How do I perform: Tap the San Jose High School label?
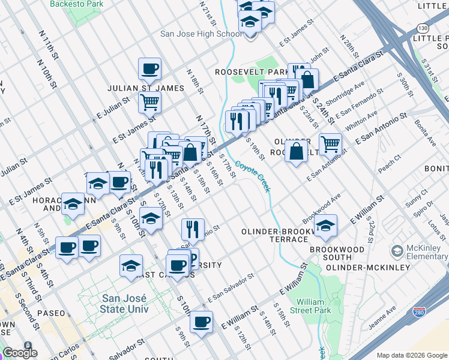(201, 34)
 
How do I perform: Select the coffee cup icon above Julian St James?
(149, 68)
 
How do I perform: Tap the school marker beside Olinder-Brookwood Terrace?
(325, 226)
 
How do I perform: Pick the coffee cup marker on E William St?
(201, 322)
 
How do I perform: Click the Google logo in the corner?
(20, 352)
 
